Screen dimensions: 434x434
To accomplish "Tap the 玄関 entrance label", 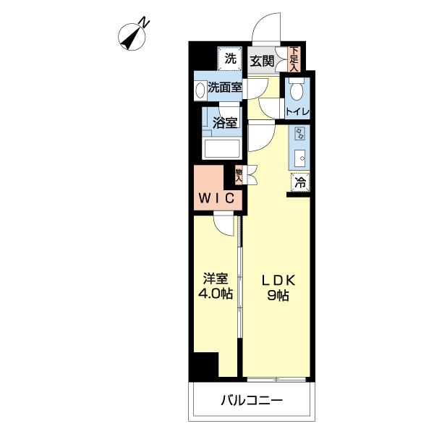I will click(262, 60).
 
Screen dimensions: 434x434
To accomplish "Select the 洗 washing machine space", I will click(229, 59).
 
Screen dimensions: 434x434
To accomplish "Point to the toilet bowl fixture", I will click(296, 90).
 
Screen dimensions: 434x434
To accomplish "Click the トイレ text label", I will click(297, 111).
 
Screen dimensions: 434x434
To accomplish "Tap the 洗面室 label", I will click(225, 88).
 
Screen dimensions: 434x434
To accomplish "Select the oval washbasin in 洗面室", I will click(200, 89).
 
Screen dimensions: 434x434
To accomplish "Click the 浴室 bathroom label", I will click(225, 122).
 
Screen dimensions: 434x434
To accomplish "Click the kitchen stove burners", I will click(298, 134).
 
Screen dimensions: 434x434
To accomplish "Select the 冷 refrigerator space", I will click(299, 183).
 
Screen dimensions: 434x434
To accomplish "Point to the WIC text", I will click(216, 197).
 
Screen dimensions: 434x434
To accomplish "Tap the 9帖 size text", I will click(277, 297).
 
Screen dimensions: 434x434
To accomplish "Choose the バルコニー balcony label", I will click(252, 400).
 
